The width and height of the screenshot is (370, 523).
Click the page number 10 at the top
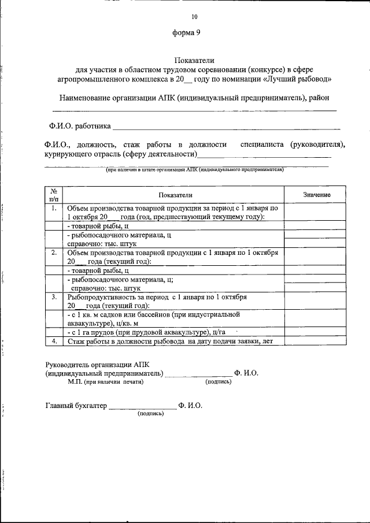[194, 17]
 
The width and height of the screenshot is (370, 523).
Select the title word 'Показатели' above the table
[194, 60]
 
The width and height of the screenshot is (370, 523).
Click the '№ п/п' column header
[53, 194]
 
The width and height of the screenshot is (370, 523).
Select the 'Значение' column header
[316, 195]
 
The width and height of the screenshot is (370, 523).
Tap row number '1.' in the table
[53, 207]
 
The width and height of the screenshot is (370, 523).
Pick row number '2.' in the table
[53, 253]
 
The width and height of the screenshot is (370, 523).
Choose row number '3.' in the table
[53, 297]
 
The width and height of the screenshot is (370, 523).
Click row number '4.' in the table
[53, 341]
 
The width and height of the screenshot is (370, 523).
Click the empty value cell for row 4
[316, 341]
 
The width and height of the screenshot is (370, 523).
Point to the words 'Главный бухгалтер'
[76, 406]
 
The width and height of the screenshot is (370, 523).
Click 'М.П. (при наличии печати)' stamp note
[105, 382]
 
